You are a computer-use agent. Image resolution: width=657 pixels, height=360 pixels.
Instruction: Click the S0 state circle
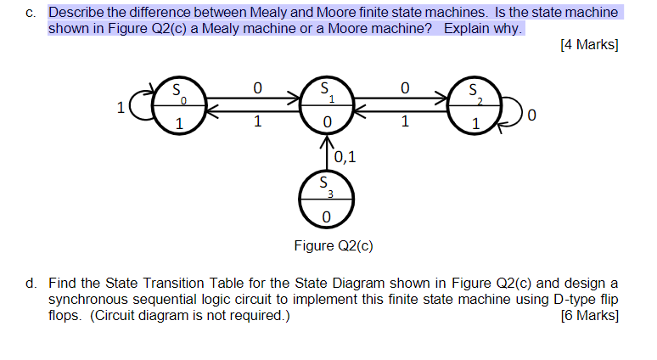point(177,108)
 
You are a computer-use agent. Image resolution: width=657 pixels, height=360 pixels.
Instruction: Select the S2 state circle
point(475,108)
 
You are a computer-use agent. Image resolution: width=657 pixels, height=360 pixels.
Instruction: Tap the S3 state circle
point(326,202)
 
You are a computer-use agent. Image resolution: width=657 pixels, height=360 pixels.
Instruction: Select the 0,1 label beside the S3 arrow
point(345,156)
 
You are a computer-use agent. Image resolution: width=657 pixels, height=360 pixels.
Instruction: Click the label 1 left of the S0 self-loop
point(121,108)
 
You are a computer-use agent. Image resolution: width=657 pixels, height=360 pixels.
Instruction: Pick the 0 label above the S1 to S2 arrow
point(404,87)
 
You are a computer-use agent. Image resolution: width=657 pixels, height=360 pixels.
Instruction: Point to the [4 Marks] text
point(589,45)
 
